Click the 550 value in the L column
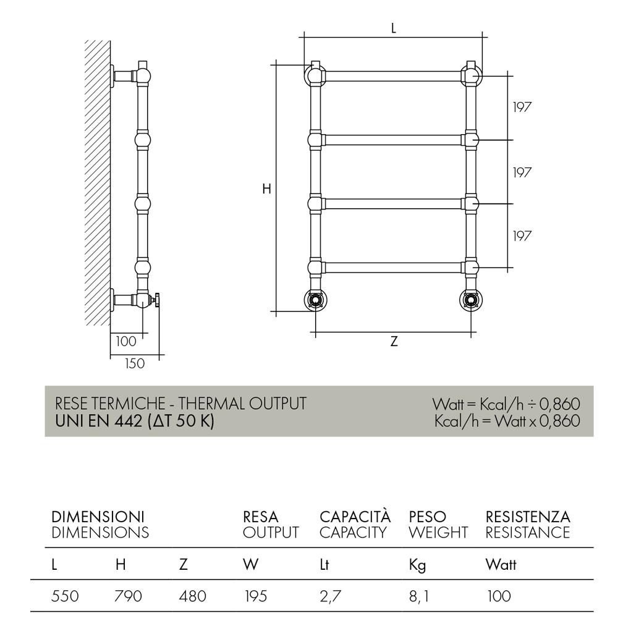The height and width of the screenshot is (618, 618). [65, 596]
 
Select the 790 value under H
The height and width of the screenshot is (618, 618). [128, 596]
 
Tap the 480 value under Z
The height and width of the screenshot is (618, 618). [192, 596]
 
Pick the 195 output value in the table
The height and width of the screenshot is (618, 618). [256, 596]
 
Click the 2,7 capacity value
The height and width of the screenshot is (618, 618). [330, 596]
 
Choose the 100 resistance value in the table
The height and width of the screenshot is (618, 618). [499, 596]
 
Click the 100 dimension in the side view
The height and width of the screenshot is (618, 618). [125, 341]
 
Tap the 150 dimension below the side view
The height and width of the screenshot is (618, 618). [135, 363]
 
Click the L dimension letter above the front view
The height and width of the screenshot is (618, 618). [393, 28]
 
